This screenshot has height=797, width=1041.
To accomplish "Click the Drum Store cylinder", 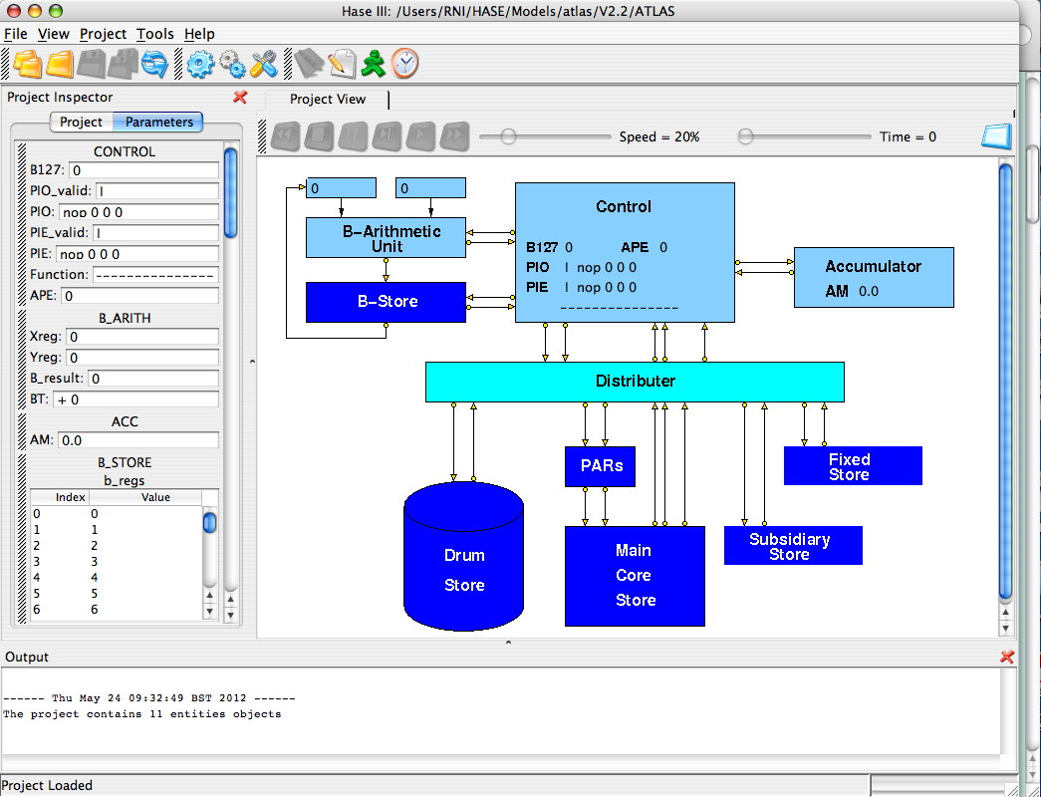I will [464, 558].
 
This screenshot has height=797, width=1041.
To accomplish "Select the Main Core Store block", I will [635, 576].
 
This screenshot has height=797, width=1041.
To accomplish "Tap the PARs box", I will [600, 466].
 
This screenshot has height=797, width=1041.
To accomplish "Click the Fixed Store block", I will [853, 466].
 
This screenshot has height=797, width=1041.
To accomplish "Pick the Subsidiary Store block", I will [792, 546].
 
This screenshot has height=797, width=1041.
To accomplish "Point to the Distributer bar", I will [635, 382].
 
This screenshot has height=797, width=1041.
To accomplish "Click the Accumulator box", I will [873, 277].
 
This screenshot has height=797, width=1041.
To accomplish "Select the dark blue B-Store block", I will [386, 302].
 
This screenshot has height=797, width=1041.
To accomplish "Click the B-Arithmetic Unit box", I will [386, 238].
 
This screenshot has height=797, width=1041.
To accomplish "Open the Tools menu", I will [154, 34].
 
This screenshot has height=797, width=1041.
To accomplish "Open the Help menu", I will [199, 34].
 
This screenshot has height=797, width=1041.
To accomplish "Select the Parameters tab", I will [159, 122].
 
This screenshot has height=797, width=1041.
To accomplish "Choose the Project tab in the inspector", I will [81, 122].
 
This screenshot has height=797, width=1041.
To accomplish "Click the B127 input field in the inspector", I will [142, 170].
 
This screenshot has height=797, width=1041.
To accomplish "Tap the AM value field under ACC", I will [137, 440].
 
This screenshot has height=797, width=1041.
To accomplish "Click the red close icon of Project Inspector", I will [240, 97].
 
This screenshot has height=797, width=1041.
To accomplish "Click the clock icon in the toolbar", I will [404, 64].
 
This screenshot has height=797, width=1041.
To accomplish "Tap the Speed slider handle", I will [508, 136].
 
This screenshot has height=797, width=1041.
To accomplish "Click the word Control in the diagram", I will [624, 207].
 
